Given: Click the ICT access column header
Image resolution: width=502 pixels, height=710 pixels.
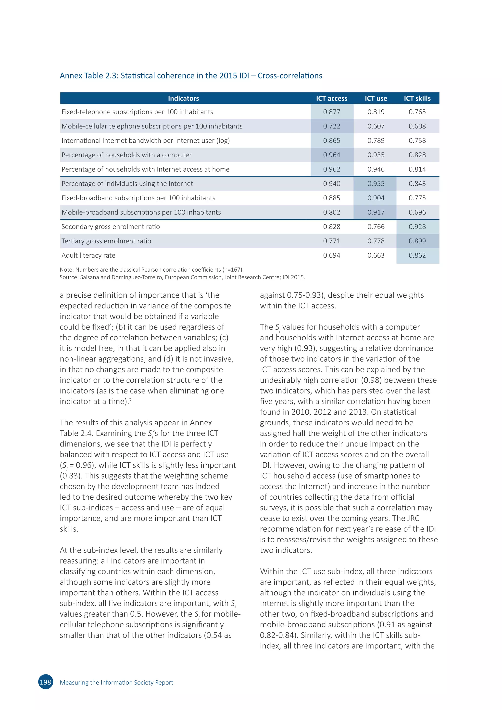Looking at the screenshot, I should pos(331,98).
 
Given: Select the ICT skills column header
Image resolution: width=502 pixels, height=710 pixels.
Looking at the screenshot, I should pos(417,98).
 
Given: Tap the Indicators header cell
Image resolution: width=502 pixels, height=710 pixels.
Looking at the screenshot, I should pos(183,98).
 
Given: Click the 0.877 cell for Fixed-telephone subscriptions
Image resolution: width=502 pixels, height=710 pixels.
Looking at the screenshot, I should pos(331,112).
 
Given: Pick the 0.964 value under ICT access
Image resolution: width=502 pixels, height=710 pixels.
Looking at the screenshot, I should pos(331,155).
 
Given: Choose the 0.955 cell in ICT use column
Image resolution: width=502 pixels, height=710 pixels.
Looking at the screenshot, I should pos(376,184).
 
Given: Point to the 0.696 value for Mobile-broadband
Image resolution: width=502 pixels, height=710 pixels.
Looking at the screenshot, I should pos(417,213).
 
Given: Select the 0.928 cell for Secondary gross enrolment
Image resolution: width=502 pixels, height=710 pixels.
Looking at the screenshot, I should pos(417,227).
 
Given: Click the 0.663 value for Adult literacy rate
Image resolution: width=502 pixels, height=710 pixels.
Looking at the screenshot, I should pos(376,255).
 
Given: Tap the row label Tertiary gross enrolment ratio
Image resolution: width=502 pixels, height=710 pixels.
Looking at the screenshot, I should pos(106,241).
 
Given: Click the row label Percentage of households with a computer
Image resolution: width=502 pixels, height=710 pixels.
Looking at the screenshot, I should pos(126,155).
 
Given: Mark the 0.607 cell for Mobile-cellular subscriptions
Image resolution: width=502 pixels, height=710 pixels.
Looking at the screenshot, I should pos(376,126).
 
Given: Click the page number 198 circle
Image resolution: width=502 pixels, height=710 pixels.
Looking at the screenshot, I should pos(45,682).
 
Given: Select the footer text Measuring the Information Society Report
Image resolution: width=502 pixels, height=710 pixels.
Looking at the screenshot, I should pos(116,683).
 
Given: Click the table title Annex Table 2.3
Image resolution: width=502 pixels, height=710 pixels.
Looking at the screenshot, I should pos(191,76).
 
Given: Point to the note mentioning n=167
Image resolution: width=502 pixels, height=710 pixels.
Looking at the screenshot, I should pos(151,270).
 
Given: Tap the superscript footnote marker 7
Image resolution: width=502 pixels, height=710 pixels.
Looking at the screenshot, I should pos(130,400).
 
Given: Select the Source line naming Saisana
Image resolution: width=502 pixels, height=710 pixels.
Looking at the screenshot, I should pos(182,277).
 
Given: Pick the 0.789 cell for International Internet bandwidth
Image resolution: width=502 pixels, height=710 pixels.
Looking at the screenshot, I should pos(376,141).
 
